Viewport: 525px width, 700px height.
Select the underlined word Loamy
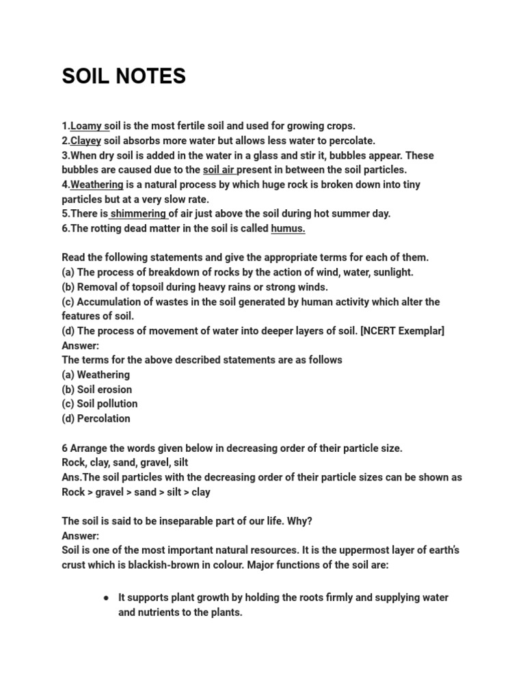86,126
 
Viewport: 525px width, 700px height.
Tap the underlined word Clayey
85,141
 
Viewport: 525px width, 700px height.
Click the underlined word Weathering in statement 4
97,185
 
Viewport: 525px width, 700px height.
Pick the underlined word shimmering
138,213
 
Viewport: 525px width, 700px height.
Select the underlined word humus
288,228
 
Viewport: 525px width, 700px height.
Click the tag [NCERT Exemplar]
403,331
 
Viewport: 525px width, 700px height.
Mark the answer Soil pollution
107,404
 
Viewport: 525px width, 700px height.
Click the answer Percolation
103,418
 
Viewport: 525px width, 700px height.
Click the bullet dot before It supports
107,597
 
